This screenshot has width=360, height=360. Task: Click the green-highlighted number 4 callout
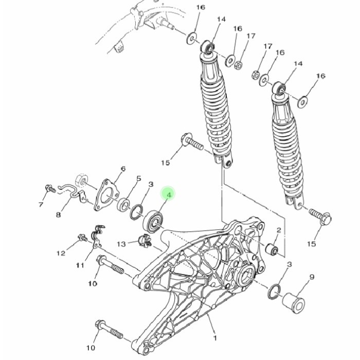168,194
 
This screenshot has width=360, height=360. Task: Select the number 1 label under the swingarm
215,338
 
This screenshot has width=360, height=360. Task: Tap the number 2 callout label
278,230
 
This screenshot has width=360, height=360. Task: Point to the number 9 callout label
312,278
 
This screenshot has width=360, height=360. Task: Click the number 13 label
121,243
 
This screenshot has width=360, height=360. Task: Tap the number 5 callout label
138,178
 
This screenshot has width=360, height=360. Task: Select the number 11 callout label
80,265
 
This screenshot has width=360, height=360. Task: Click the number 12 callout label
61,253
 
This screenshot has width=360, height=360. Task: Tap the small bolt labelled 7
50,189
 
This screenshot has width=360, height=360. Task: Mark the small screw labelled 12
81,238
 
